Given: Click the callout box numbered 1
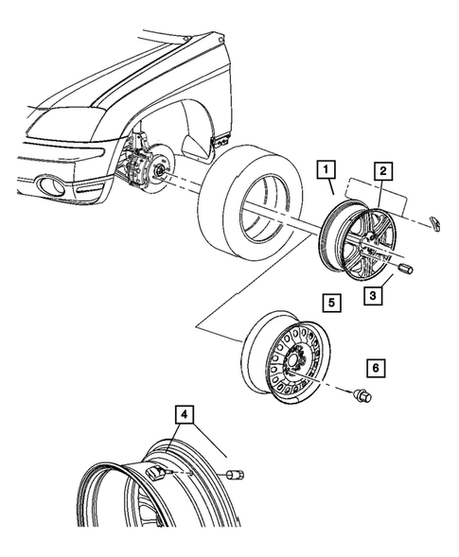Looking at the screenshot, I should click(325, 171).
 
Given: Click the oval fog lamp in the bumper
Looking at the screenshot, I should click(46, 184).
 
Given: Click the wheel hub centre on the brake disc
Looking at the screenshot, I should click(156, 171).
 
